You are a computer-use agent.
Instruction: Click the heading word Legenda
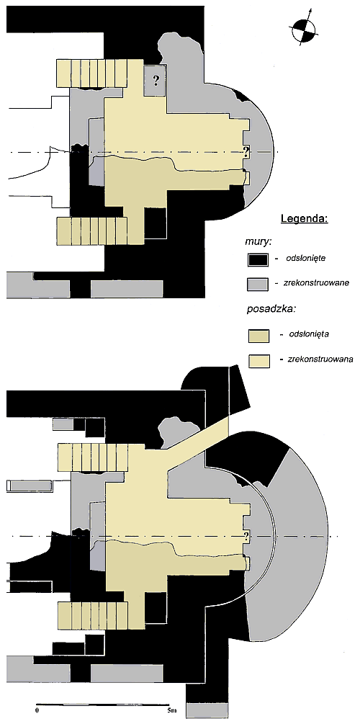(x=304, y=219)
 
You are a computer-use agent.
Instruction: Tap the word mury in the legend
(x=255, y=241)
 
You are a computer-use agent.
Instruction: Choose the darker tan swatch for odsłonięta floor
(x=258, y=335)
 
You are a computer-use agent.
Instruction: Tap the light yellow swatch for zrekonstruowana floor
(x=258, y=361)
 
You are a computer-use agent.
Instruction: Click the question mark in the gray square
(x=156, y=81)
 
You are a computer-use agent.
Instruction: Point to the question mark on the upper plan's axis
(x=246, y=151)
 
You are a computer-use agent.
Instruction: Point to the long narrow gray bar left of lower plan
(x=30, y=486)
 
